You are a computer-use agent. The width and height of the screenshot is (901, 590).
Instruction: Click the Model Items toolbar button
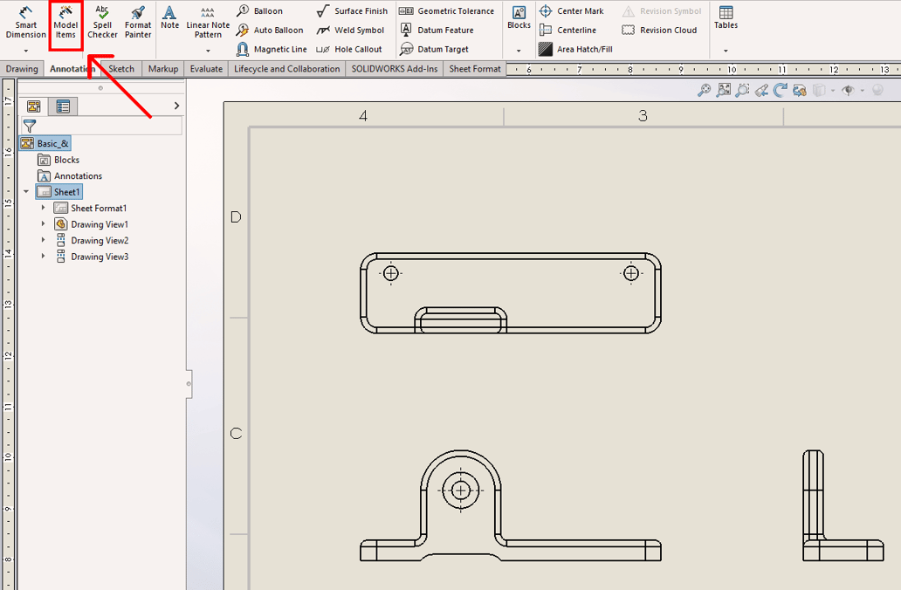[x=65, y=23]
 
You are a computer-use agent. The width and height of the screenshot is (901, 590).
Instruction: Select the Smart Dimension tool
[x=26, y=23]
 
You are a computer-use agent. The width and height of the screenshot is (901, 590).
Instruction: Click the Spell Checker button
[x=102, y=23]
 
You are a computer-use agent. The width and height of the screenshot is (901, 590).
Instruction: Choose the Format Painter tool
[x=138, y=23]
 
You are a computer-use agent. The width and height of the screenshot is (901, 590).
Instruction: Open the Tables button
[x=726, y=18]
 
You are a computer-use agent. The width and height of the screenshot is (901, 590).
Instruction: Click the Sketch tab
[x=121, y=69]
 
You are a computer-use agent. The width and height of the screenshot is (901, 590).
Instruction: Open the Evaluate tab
[x=206, y=69]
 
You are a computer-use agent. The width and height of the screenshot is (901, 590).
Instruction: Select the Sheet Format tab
[x=475, y=69]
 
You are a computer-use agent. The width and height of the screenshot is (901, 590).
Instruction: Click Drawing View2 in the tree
[x=100, y=241]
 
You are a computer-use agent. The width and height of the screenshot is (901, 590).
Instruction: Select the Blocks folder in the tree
[x=66, y=161]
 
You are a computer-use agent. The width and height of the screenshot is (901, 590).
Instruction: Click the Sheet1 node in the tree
[x=66, y=192]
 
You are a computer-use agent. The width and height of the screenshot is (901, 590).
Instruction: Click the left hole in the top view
[x=391, y=274]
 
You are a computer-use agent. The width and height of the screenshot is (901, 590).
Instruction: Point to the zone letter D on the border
[x=236, y=217]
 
